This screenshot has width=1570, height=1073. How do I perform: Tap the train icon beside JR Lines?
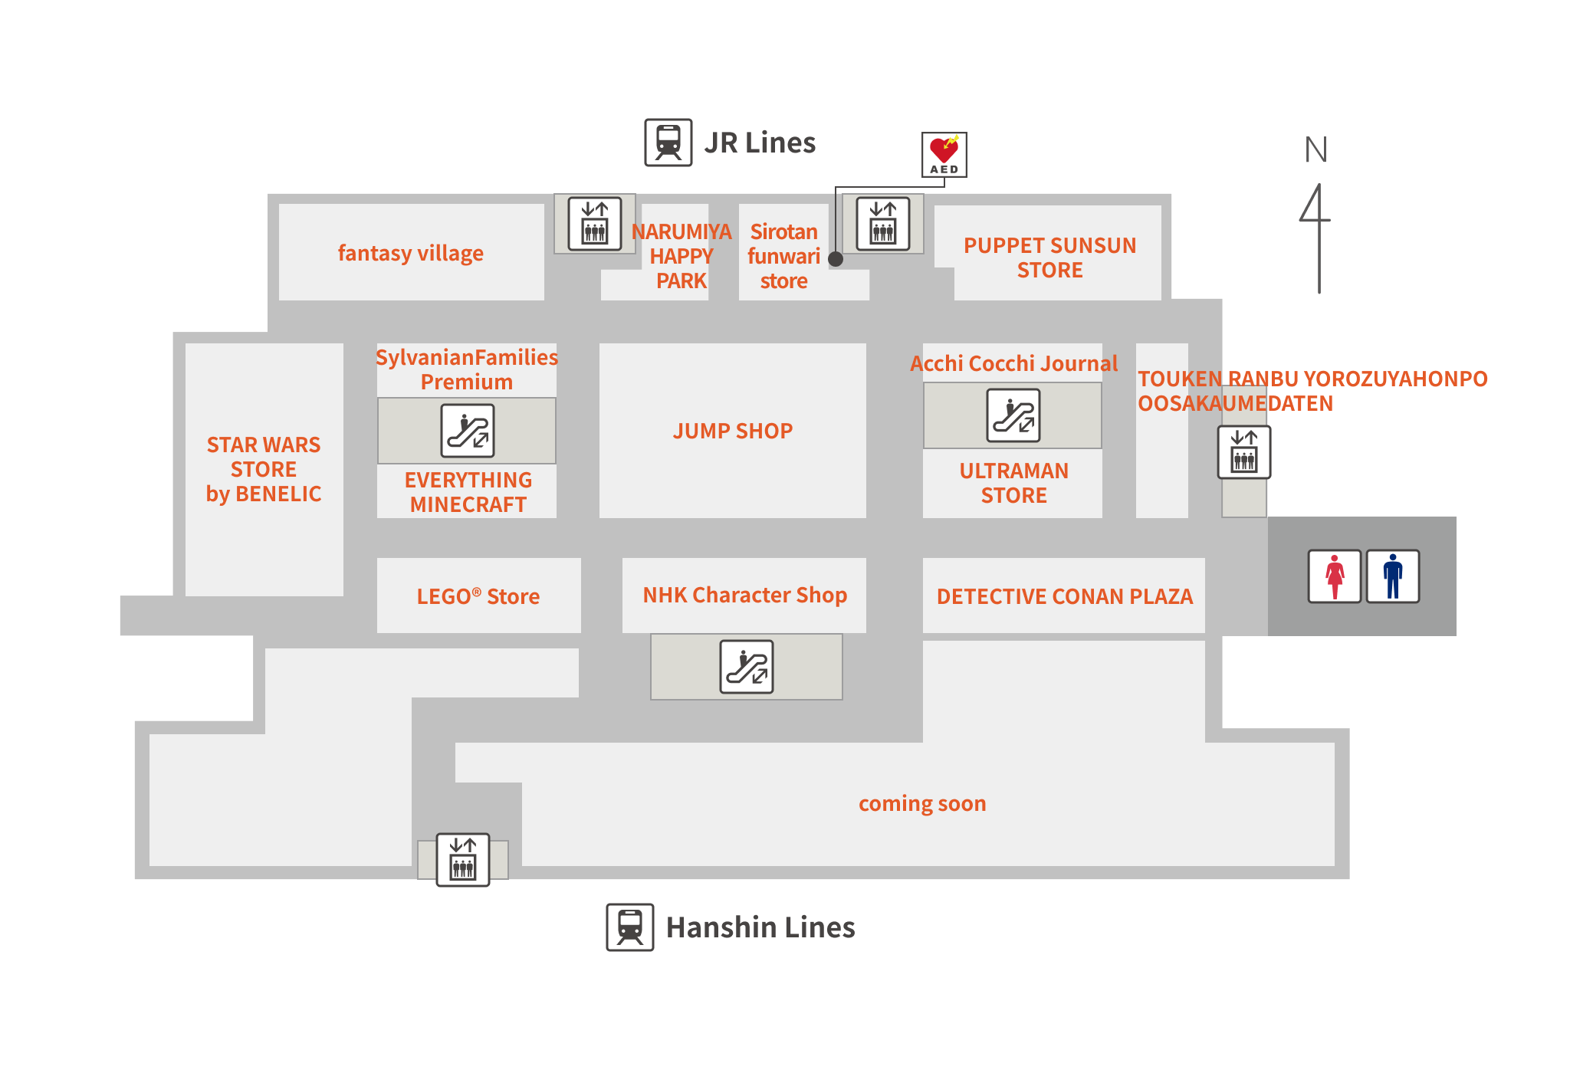pos(668,143)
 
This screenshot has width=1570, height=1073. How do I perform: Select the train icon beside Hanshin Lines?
pos(630,927)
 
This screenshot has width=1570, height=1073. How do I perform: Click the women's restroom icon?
pos(1335,576)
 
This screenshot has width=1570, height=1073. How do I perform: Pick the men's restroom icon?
pos(1393,576)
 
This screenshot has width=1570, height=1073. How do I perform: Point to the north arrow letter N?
pos(1315,149)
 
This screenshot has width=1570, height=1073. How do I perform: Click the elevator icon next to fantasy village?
pos(595,224)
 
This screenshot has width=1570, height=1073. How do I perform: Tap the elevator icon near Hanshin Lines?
pos(463,860)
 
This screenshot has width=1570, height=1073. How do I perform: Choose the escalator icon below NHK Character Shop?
pos(747,667)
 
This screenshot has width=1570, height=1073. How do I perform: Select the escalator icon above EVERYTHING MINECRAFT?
pos(468,431)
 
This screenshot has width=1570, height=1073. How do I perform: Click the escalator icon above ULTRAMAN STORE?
pos(1013,415)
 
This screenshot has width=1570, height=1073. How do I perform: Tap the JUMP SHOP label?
pos(733,431)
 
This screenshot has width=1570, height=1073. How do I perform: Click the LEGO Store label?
pos(478,596)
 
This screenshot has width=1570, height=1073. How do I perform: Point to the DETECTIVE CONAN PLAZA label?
pos(1065,596)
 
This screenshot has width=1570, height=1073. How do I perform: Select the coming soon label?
pos(922,803)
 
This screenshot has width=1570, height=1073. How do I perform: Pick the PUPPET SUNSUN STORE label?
pos(1050,258)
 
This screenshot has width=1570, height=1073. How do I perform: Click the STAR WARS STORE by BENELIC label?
pos(264,469)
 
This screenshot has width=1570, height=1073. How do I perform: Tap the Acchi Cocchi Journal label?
pos(1013,363)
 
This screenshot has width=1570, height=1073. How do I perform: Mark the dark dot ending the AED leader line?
pos(836,259)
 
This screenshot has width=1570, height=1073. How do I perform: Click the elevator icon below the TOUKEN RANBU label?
pos(1245,452)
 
